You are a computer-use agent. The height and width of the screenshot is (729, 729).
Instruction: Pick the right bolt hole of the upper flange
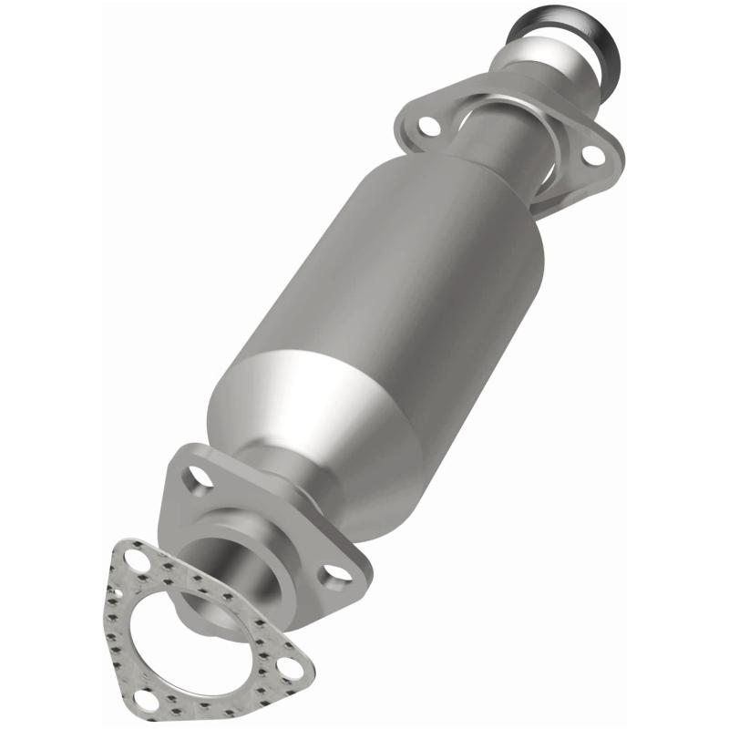tap(593, 155)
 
